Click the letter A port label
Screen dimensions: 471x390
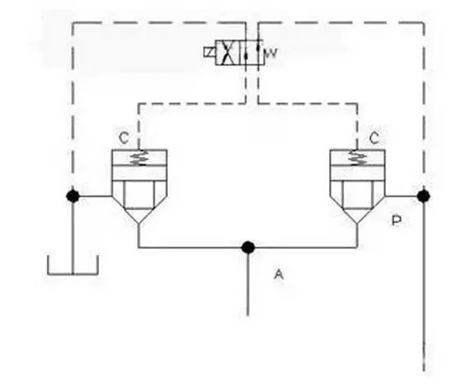tap(279, 274)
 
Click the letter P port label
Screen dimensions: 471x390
tap(396, 221)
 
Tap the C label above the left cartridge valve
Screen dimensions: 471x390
tap(124, 138)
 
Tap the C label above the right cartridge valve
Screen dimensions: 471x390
tap(374, 138)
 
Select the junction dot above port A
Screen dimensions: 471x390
tap(248, 248)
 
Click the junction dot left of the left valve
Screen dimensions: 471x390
tap(73, 196)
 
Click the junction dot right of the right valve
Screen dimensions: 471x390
tap(423, 196)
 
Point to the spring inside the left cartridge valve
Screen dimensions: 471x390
tap(138, 158)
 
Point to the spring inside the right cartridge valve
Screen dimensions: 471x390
tap(357, 158)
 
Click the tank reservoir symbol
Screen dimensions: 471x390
tap(73, 265)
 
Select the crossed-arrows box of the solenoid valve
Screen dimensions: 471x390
tap(228, 52)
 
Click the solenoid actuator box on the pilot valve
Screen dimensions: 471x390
tap(210, 52)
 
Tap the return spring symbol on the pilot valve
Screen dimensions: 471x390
tap(270, 53)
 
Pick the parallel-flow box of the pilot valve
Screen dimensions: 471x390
tap(251, 52)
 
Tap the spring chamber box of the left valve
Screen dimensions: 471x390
tap(139, 158)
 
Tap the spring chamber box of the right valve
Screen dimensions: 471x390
tap(357, 158)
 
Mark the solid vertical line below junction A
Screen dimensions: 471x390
tap(248, 282)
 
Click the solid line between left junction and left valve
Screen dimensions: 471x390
tap(93, 196)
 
